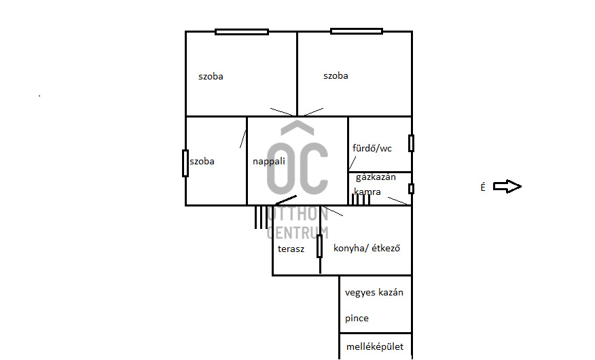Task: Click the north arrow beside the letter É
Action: click(x=507, y=186)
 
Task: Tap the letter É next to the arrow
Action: click(x=483, y=187)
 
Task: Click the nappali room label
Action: click(x=269, y=161)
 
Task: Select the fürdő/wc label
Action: click(x=372, y=148)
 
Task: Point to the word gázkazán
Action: click(x=376, y=177)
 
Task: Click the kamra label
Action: click(x=367, y=192)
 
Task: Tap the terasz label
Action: click(x=291, y=249)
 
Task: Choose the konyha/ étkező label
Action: click(x=367, y=248)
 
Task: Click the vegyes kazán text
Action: click(x=374, y=293)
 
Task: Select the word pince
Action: click(x=357, y=319)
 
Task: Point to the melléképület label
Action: click(x=375, y=346)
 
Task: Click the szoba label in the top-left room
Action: click(x=211, y=76)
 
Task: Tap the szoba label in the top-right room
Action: click(x=336, y=75)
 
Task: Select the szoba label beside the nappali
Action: click(x=202, y=161)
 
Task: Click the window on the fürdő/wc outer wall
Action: click(x=412, y=143)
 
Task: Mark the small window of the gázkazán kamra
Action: click(x=412, y=189)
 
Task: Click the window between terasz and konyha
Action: click(x=320, y=246)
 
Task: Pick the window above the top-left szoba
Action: click(x=242, y=32)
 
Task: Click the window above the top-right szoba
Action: click(x=357, y=31)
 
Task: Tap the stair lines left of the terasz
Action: click(x=261, y=217)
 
